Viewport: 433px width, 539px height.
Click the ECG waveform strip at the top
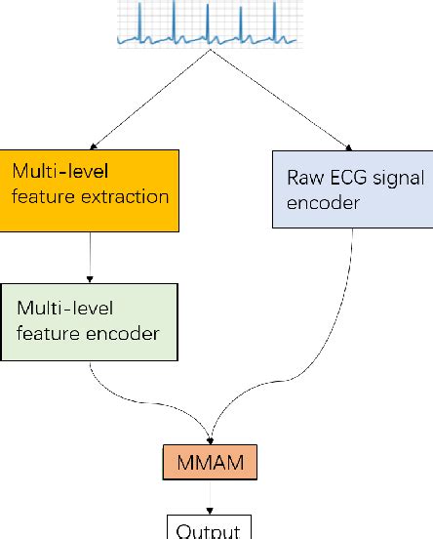[209, 23]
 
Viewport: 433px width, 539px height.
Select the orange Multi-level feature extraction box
[89, 190]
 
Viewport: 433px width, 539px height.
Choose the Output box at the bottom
[211, 528]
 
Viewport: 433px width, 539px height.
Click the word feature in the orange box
[38, 196]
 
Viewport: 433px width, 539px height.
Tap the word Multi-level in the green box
[65, 309]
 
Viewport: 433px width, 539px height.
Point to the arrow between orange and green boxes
[89, 258]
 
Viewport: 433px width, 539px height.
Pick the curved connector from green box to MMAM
[146, 400]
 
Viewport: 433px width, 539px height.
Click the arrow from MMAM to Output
[211, 496]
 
